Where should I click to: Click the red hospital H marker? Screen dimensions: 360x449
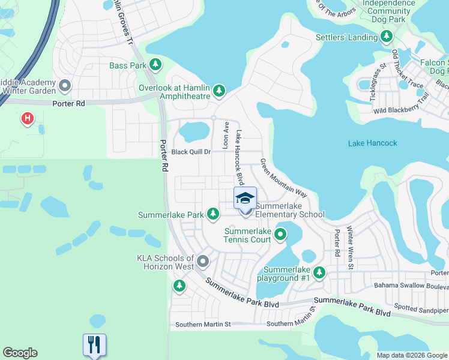pyautogui.click(x=27, y=119)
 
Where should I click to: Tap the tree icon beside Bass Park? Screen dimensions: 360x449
pyautogui.click(x=155, y=65)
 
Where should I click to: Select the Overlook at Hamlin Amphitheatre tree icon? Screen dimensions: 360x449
pyautogui.click(x=220, y=91)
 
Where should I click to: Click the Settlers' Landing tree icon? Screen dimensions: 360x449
pyautogui.click(x=387, y=38)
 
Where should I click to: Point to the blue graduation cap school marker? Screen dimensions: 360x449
pyautogui.click(x=245, y=199)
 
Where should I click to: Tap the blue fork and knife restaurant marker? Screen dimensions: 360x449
pyautogui.click(x=94, y=344)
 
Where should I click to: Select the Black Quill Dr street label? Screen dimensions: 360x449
pyautogui.click(x=191, y=152)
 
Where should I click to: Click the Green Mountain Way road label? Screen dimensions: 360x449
pyautogui.click(x=283, y=178)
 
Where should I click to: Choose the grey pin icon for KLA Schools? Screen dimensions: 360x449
pyautogui.click(x=203, y=261)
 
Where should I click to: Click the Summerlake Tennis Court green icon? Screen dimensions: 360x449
pyautogui.click(x=279, y=233)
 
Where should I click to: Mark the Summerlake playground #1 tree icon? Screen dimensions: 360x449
pyautogui.click(x=319, y=272)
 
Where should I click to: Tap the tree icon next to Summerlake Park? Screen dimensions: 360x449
pyautogui.click(x=212, y=214)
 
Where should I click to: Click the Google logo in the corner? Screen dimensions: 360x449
pyautogui.click(x=20, y=353)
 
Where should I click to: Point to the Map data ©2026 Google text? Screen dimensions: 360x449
pyautogui.click(x=412, y=355)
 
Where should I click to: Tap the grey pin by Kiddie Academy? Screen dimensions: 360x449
pyautogui.click(x=65, y=88)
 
